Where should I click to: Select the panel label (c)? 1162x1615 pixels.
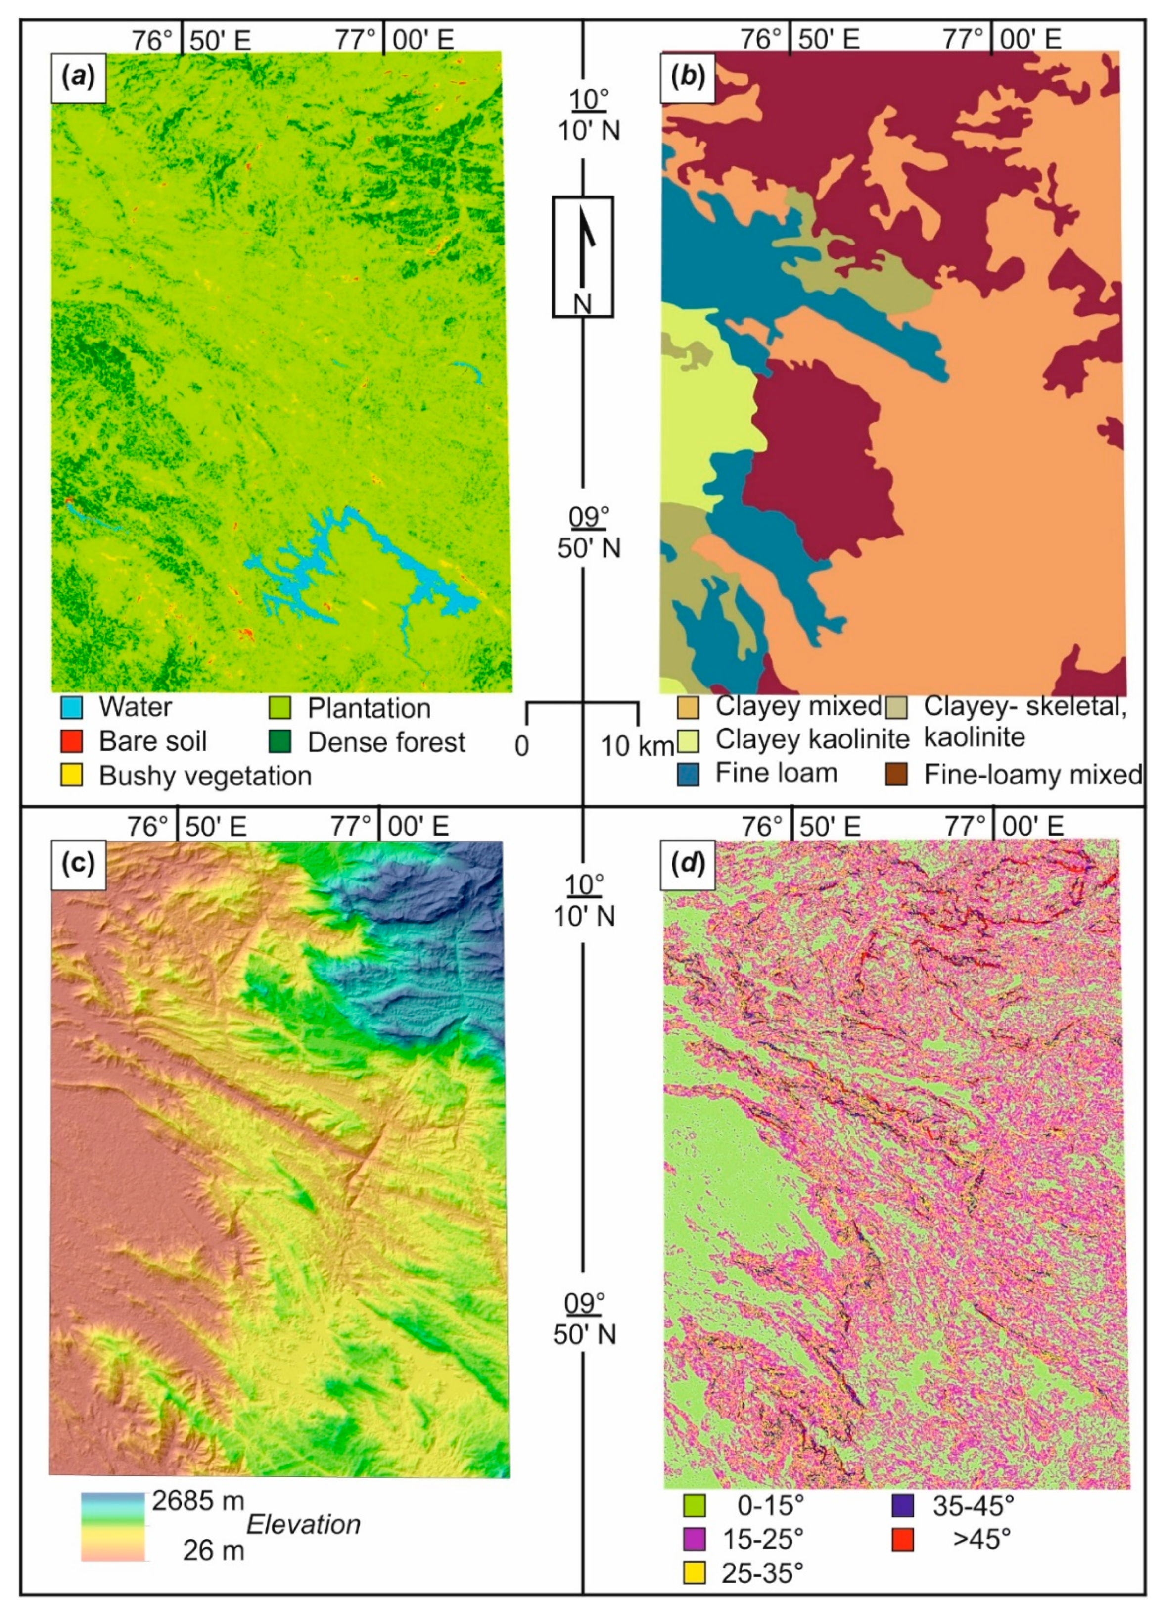[78, 864]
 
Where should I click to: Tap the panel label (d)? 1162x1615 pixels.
[688, 864]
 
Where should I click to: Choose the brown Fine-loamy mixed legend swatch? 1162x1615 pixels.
[896, 775]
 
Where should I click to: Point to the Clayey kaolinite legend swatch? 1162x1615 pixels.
[688, 740]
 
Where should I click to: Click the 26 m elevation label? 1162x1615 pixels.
[213, 1551]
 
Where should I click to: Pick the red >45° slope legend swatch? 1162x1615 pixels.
[902, 1539]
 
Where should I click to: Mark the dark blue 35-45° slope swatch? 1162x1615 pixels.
[902, 1506]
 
